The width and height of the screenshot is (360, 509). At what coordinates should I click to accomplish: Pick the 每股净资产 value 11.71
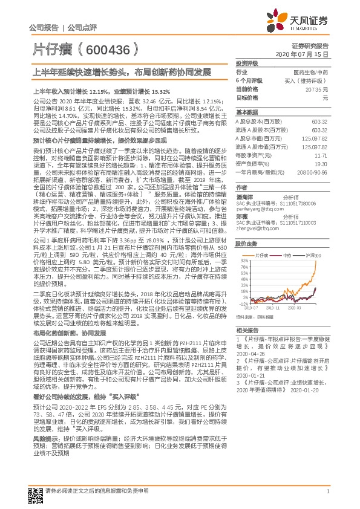[x=322, y=155]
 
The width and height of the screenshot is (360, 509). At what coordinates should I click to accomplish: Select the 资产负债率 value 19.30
[x=321, y=163]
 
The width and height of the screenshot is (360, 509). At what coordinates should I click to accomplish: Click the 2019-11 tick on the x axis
[x=273, y=308]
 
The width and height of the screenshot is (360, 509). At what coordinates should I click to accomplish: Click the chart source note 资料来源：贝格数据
[x=253, y=316]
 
